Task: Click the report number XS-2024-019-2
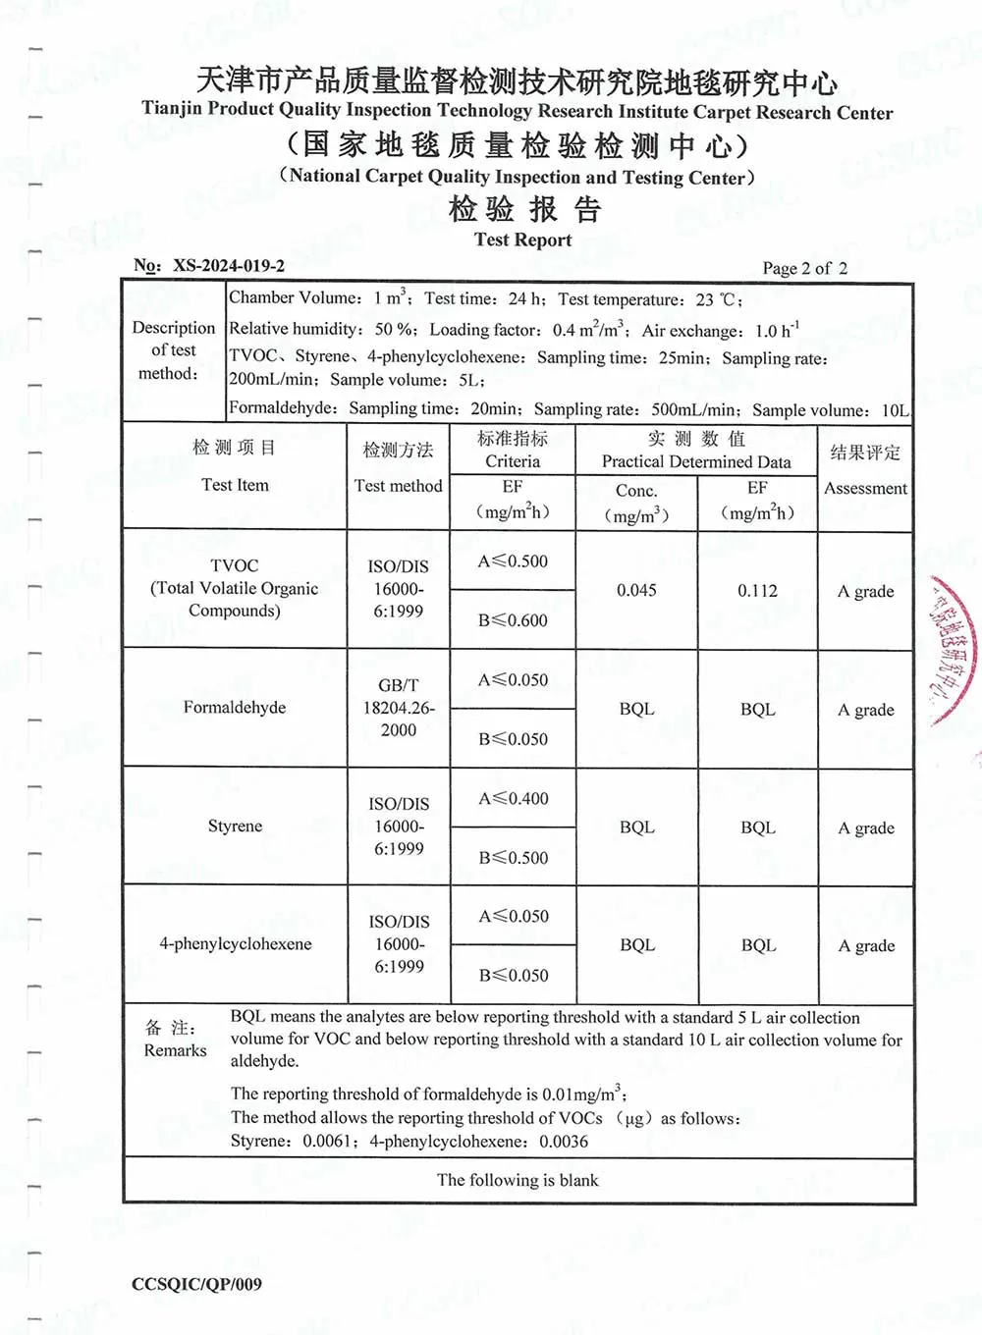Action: (228, 265)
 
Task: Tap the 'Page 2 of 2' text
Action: (804, 268)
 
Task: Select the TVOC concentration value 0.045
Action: (636, 590)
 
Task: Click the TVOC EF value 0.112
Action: (757, 590)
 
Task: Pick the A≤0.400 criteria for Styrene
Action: (513, 798)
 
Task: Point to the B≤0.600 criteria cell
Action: (513, 619)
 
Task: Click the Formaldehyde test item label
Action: (235, 707)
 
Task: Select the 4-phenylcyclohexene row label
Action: (236, 943)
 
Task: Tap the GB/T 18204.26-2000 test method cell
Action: (399, 707)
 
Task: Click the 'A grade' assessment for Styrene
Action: (866, 828)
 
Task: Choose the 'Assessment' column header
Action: (865, 488)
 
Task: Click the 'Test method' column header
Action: (399, 485)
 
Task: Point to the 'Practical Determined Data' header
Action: (696, 461)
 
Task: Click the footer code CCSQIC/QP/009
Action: (196, 1284)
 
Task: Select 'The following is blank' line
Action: (518, 1180)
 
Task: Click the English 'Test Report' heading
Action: (522, 240)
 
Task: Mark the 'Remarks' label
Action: (176, 1049)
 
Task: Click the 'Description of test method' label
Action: (173, 350)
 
